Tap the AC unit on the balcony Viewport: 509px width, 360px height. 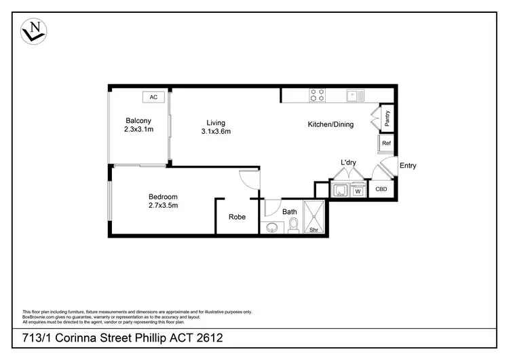pos(153,97)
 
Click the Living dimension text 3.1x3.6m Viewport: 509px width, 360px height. pos(216,132)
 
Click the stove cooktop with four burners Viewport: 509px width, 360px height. pos(317,95)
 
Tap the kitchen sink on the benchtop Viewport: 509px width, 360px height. pos(355,95)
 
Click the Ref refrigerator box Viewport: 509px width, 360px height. pos(386,143)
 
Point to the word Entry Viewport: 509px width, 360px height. pos(408,166)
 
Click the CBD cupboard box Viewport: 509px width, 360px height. pos(381,190)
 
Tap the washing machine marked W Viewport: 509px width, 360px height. pos(357,192)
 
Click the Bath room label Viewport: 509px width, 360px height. pos(290,212)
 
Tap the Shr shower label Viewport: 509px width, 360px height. pos(314,230)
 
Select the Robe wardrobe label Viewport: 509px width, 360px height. pos(237,217)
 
